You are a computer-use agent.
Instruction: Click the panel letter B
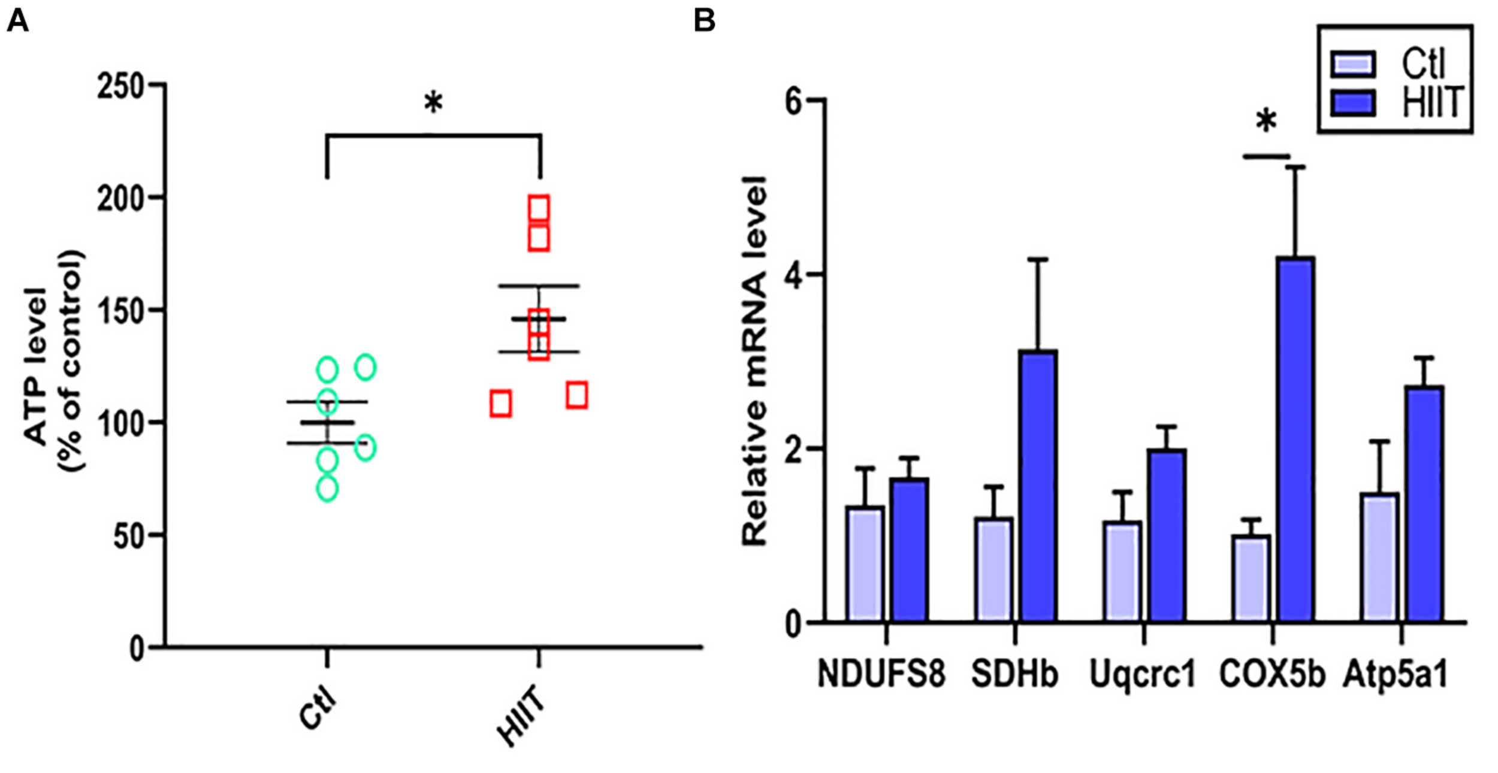tap(704, 22)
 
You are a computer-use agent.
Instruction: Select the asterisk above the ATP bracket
tap(433, 103)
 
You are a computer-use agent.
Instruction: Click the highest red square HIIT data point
tap(538, 208)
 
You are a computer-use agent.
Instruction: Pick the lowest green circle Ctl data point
tap(327, 488)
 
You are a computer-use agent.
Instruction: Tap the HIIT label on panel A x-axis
tap(521, 716)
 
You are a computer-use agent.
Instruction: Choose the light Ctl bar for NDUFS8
tap(865, 563)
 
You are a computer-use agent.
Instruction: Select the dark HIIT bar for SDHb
tap(1038, 485)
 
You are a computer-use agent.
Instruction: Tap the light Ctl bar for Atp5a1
tap(1379, 557)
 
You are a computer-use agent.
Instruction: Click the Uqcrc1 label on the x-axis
tap(1141, 674)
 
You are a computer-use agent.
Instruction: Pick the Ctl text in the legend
tap(1424, 63)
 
